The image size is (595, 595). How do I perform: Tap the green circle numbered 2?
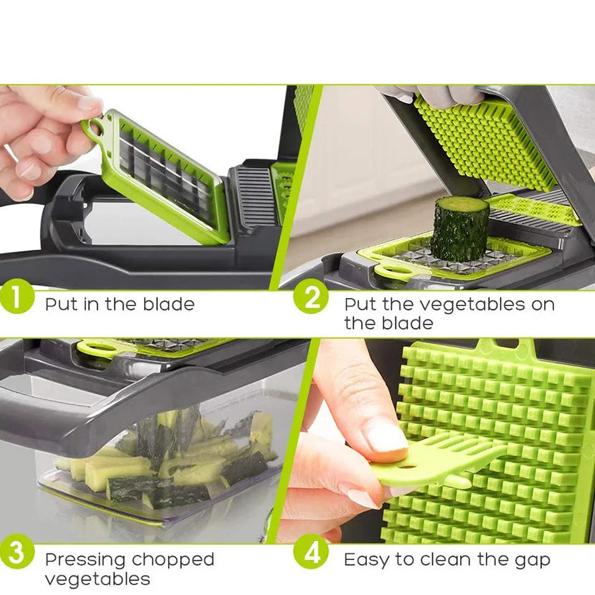coord(310,299)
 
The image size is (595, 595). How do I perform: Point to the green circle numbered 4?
coord(310,554)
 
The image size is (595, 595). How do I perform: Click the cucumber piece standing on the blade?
coord(460,229)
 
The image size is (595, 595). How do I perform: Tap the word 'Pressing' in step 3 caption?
coord(85,560)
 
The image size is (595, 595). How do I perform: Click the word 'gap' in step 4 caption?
coord(532,560)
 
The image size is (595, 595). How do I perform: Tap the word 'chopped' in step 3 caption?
coord(173,560)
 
